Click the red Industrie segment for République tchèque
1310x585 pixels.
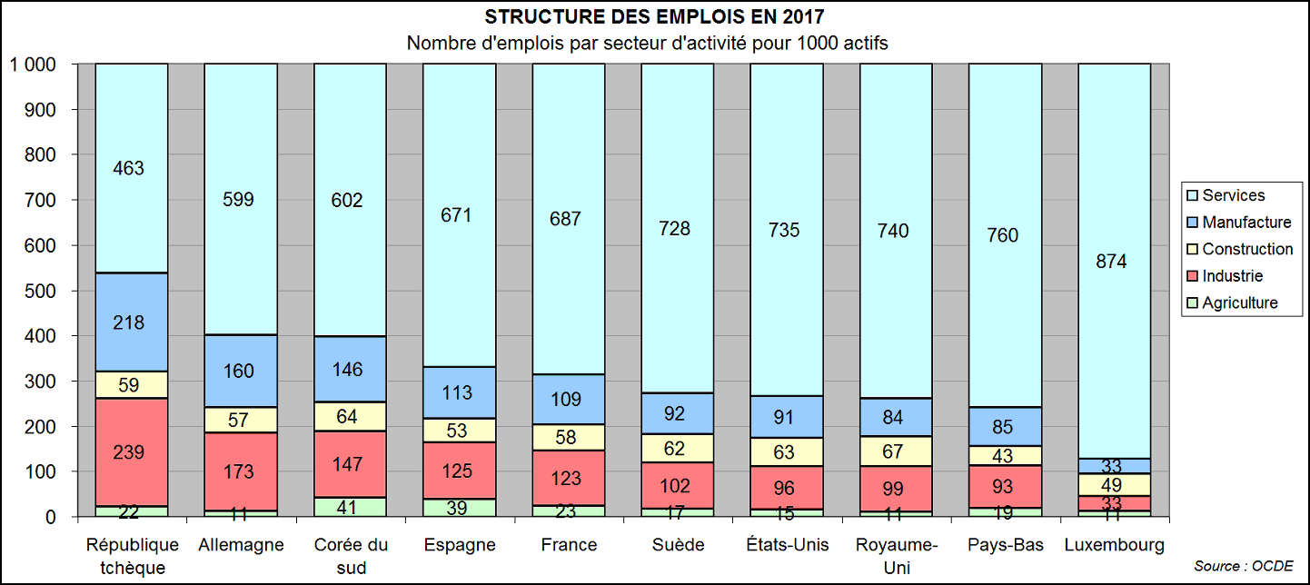[132, 451]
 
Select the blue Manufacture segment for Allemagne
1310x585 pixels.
[240, 371]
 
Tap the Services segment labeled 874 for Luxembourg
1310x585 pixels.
[1112, 262]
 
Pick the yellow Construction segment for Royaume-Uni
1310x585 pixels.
[895, 451]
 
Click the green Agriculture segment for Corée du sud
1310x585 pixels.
[349, 507]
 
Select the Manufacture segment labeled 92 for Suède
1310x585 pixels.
[676, 413]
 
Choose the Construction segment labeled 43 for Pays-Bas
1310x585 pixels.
[1004, 455]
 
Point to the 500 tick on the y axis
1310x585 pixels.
[42, 292]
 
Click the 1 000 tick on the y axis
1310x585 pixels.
[33, 65]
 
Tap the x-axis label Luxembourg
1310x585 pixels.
[1113, 546]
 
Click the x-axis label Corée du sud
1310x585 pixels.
[349, 556]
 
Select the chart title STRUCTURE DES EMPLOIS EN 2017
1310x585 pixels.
[655, 18]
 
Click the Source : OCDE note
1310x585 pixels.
[1243, 566]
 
